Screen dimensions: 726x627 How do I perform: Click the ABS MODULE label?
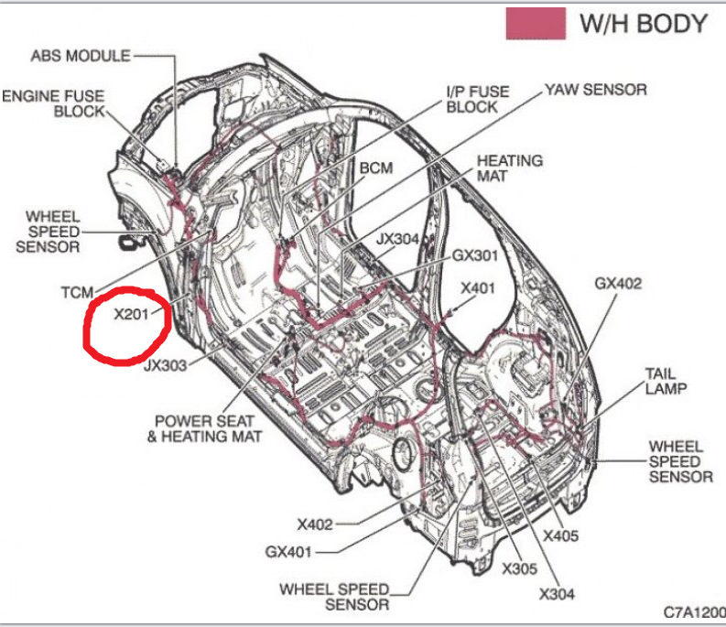81,56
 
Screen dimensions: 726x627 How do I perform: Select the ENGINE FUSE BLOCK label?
55,103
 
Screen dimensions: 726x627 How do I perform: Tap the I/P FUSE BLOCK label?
478,99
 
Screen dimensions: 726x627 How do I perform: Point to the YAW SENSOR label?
596,89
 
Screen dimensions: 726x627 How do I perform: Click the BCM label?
375,168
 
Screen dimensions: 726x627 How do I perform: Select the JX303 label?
166,366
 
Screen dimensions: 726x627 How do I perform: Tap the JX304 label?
397,239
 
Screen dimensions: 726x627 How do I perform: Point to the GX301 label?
475,255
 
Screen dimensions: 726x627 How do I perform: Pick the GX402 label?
618,283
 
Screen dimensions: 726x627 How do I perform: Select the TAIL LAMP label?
666,383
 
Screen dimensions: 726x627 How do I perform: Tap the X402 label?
315,524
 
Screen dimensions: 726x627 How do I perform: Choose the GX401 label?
288,552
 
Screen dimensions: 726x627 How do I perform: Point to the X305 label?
520,568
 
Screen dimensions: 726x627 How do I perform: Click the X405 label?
560,535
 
